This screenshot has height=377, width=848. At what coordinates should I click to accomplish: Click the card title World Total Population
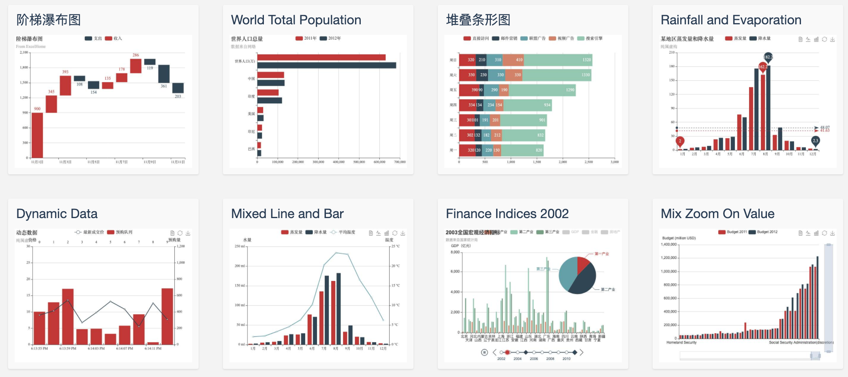[x=296, y=20]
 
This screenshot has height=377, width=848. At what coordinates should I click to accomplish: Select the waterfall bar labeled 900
[x=37, y=135]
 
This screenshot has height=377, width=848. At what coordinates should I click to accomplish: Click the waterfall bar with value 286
[x=136, y=66]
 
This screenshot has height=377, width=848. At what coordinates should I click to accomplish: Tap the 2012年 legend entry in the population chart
[x=330, y=39]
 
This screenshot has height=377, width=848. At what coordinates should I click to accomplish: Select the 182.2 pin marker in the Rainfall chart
[x=768, y=57]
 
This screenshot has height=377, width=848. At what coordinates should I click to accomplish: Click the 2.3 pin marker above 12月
[x=815, y=141]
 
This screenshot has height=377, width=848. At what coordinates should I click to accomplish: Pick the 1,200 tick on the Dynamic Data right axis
[x=180, y=246]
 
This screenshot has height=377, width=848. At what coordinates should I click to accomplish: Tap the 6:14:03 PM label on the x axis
[x=96, y=348]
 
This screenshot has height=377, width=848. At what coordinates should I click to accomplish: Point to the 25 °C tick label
[x=395, y=246]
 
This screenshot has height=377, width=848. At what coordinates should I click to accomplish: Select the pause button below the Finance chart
[x=484, y=352]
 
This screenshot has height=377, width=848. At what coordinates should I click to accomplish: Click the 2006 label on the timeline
[x=534, y=359]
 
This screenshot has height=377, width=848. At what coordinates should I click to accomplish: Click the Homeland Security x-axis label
[x=681, y=343]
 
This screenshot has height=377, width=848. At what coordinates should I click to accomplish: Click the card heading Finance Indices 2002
[x=507, y=214]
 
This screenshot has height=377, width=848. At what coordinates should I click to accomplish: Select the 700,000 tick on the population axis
[x=400, y=162]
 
